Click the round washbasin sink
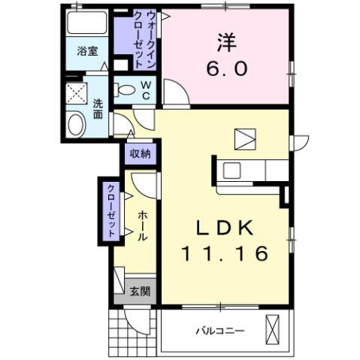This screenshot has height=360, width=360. click(x=76, y=124)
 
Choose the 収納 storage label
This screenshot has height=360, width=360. click(x=139, y=153)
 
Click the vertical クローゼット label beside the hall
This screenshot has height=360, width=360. click(x=111, y=210)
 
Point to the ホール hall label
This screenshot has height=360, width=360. click(x=142, y=225)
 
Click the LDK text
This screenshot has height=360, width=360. click(x=223, y=226)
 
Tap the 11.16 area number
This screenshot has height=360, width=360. click(x=223, y=254)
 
